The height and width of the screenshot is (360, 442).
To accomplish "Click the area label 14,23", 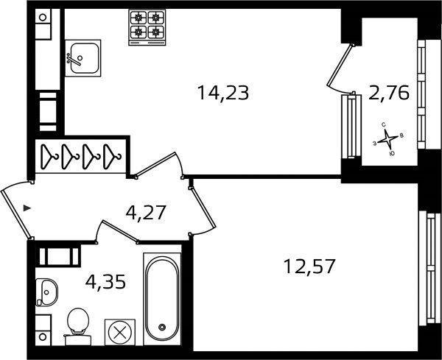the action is click(223, 93).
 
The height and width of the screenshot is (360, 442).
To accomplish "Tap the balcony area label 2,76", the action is click(389, 93).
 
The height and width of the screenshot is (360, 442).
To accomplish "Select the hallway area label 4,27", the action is click(146, 213).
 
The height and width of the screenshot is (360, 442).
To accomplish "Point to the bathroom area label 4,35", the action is click(105, 282).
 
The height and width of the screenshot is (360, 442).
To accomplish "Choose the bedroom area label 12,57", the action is click(309, 267).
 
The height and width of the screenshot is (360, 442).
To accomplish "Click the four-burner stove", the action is click(147, 27).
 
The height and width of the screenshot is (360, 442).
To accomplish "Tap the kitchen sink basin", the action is click(83, 58).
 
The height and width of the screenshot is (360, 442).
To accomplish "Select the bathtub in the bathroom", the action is click(162, 299).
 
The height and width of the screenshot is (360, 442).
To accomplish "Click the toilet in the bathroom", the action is click(77, 326).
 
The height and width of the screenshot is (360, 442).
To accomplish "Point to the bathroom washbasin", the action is click(46, 292).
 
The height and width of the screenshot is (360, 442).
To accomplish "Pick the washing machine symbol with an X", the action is click(120, 333).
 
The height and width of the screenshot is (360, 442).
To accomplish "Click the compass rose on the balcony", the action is click(388, 139).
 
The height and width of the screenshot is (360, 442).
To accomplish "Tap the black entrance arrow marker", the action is click(27, 208).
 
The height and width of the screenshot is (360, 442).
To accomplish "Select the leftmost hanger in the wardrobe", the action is click(49, 156).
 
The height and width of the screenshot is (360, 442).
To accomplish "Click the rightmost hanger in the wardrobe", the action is click(112, 156).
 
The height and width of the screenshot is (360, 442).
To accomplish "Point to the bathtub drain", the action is click(162, 327).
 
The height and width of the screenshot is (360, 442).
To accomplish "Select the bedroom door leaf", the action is click(203, 208).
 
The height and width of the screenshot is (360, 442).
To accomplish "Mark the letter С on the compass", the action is click(383, 124).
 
